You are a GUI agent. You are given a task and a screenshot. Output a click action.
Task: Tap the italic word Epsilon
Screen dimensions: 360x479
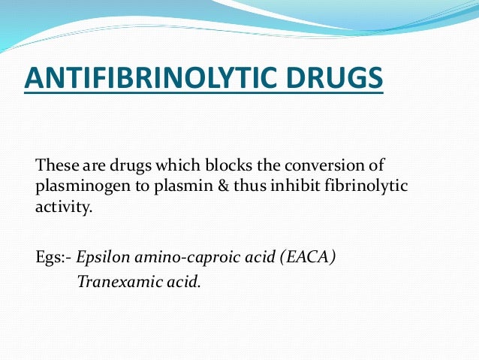tap(107, 256)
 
